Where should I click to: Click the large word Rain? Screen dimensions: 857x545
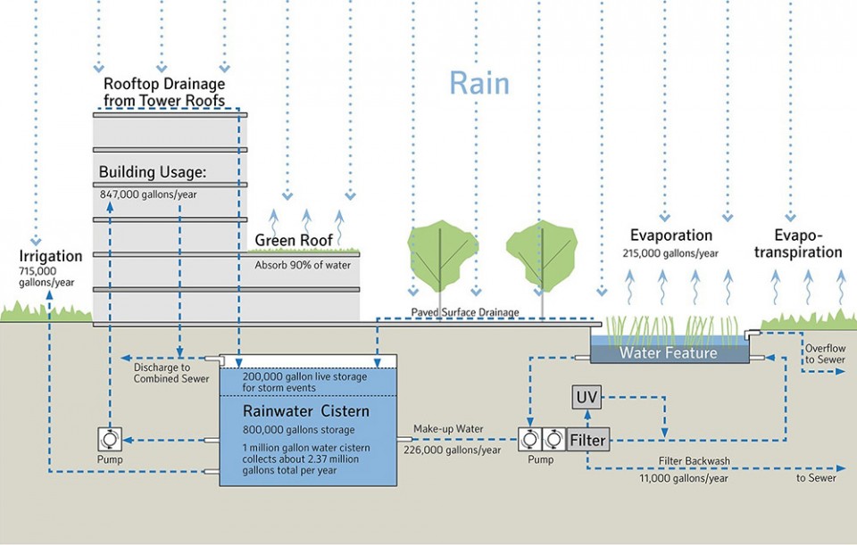pyautogui.click(x=479, y=84)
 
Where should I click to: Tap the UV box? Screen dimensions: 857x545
pyautogui.click(x=587, y=397)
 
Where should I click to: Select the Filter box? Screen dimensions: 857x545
pyautogui.click(x=588, y=440)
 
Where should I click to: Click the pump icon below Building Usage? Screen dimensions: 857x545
pyautogui.click(x=110, y=439)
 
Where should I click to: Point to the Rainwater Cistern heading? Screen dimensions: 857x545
pyautogui.click(x=306, y=411)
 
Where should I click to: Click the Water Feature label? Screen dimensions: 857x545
pyautogui.click(x=669, y=352)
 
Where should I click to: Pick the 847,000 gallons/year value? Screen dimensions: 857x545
pyautogui.click(x=148, y=194)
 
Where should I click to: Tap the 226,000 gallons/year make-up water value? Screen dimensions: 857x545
pyautogui.click(x=453, y=450)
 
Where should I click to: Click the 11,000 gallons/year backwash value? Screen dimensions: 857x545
pyautogui.click(x=684, y=478)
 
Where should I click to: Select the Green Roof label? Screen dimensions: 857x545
pyautogui.click(x=294, y=240)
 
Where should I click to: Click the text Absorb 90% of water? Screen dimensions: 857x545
pyautogui.click(x=303, y=265)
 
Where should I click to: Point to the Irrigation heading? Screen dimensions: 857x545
pyautogui.click(x=51, y=256)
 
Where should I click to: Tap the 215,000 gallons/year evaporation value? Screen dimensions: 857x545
pyautogui.click(x=670, y=253)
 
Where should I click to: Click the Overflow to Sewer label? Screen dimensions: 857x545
pyautogui.click(x=825, y=354)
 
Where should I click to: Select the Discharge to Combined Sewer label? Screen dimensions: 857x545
pyautogui.click(x=171, y=373)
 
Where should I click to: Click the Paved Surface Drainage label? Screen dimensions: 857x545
pyautogui.click(x=465, y=312)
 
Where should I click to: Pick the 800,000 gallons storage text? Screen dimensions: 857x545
pyautogui.click(x=299, y=430)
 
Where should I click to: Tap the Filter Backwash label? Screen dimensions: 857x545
pyautogui.click(x=695, y=461)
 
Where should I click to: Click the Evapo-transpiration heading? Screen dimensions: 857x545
pyautogui.click(x=798, y=244)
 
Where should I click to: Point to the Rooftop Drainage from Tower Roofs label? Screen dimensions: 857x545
pyautogui.click(x=164, y=92)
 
